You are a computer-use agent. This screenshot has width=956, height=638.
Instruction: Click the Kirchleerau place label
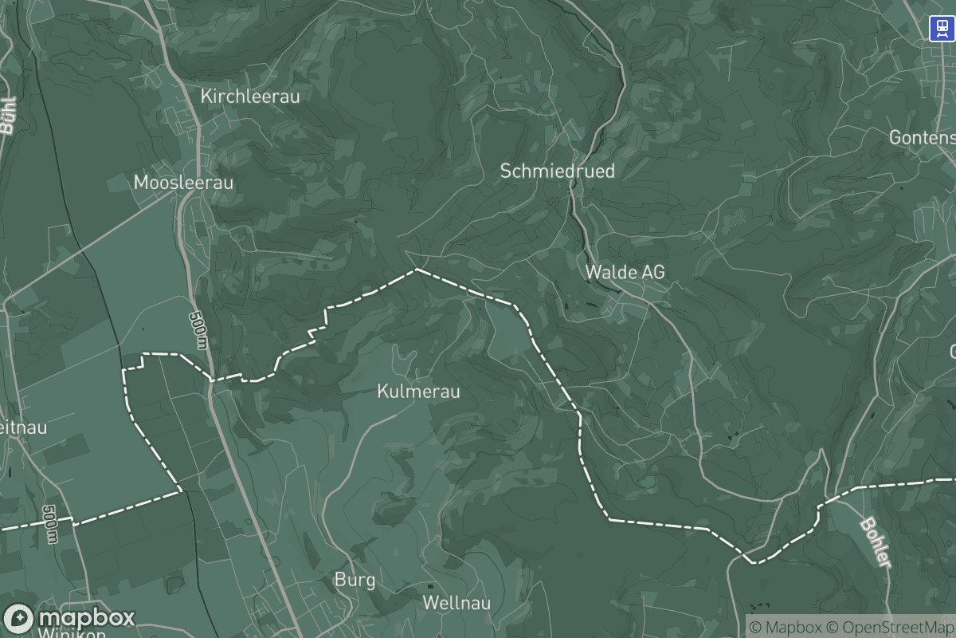click(250, 96)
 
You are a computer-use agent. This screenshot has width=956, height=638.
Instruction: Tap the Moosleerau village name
click(183, 183)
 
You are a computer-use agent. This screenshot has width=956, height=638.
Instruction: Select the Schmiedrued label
click(557, 171)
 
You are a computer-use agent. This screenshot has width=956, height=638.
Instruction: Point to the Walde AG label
click(625, 272)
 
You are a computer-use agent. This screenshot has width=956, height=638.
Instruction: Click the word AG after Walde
click(652, 272)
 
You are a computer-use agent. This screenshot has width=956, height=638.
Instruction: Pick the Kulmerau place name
click(418, 392)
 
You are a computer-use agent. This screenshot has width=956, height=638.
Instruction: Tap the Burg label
click(355, 580)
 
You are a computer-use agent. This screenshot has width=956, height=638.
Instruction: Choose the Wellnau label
click(456, 602)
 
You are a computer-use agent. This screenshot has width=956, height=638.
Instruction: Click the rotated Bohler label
click(875, 543)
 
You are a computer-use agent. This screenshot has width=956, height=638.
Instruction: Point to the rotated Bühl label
click(9, 116)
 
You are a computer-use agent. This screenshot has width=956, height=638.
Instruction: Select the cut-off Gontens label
click(922, 137)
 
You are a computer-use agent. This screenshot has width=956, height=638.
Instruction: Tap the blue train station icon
click(942, 29)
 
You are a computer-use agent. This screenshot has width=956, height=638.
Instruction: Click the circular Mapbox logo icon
click(19, 619)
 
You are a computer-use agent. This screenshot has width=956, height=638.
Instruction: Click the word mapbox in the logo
click(87, 618)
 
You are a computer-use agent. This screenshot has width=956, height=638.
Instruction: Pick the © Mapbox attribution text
click(786, 627)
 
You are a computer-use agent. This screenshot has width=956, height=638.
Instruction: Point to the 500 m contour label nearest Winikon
click(51, 524)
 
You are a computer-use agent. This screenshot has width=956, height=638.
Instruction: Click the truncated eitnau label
click(24, 427)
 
